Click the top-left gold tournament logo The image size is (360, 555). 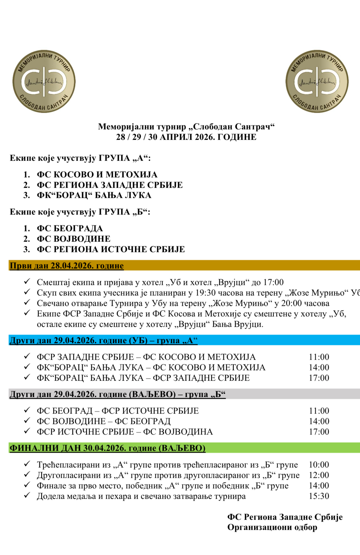tap(44, 81)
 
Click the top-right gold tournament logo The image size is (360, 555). tap(317, 81)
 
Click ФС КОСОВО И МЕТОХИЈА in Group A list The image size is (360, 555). tap(97, 175)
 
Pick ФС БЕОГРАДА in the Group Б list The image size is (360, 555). tap(70, 229)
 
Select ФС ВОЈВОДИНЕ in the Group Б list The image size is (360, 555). tap(74, 239)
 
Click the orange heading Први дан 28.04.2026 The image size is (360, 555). tap(67, 266)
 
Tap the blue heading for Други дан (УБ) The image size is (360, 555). tap(103, 341)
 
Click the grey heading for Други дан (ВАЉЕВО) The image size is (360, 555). tap(118, 394)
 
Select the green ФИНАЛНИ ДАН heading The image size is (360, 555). tap(107, 448)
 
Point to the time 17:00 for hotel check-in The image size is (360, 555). tap(274, 282)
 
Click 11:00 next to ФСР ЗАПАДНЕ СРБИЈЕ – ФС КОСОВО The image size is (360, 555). tap(319, 357)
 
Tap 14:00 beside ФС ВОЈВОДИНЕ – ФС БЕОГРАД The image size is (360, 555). tap(319, 421)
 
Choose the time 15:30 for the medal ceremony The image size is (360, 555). tap(319, 496)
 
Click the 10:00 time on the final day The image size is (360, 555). tap(319, 465)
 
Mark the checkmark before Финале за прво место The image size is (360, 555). tap(27, 485)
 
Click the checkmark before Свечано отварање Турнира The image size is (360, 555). tap(27, 303)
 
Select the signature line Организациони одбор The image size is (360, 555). tap(272, 527)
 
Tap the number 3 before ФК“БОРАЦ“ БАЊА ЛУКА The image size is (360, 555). tap(26, 196)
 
